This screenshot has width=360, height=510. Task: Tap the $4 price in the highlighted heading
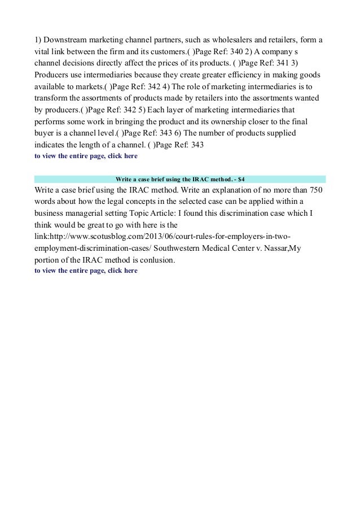coord(241,178)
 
